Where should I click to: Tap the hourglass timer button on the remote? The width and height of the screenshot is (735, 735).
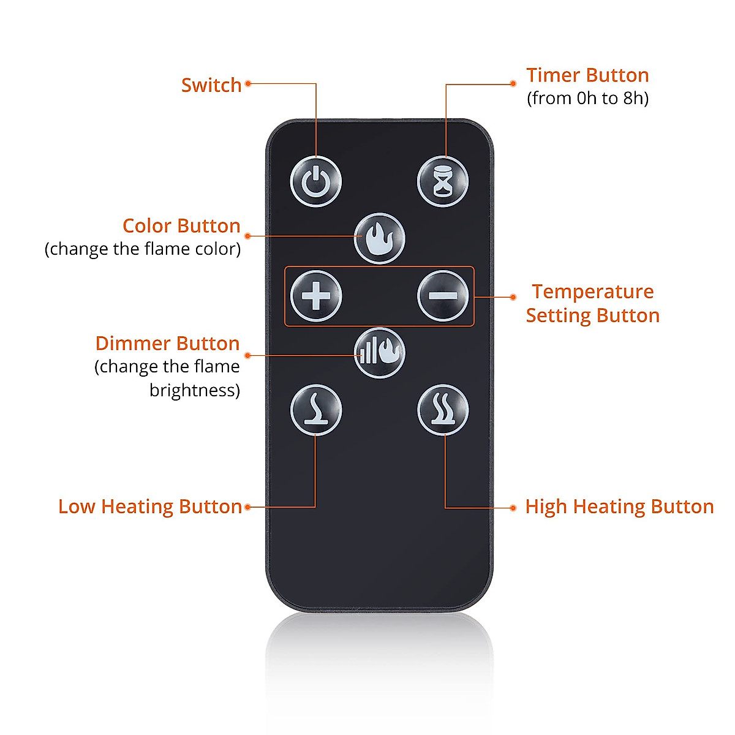tap(443, 182)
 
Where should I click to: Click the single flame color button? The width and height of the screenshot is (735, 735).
tap(380, 238)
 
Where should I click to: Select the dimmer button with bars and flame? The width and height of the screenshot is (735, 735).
tap(380, 352)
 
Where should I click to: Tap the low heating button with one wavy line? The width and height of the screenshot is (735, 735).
tap(316, 410)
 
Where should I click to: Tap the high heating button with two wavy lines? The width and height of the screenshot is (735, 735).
tap(443, 410)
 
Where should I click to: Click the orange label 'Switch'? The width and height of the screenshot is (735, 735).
tap(211, 85)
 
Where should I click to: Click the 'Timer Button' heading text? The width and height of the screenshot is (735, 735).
tap(587, 75)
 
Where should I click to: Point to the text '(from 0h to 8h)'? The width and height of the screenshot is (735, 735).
tap(587, 98)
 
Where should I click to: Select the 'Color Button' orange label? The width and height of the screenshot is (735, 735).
tap(181, 226)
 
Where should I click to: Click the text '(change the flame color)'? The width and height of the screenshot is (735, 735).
tap(143, 249)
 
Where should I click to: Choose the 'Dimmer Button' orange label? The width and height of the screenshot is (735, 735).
tap(167, 344)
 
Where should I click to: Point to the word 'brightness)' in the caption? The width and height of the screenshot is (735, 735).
tap(195, 390)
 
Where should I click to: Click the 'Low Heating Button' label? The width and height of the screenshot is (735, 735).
tap(150, 507)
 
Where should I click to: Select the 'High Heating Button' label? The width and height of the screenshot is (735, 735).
tap(619, 507)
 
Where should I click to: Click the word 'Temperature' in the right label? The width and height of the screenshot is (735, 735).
tap(592, 292)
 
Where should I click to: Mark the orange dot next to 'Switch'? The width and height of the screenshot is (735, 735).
tap(248, 84)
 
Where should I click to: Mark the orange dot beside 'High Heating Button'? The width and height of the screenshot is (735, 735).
tap(513, 508)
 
